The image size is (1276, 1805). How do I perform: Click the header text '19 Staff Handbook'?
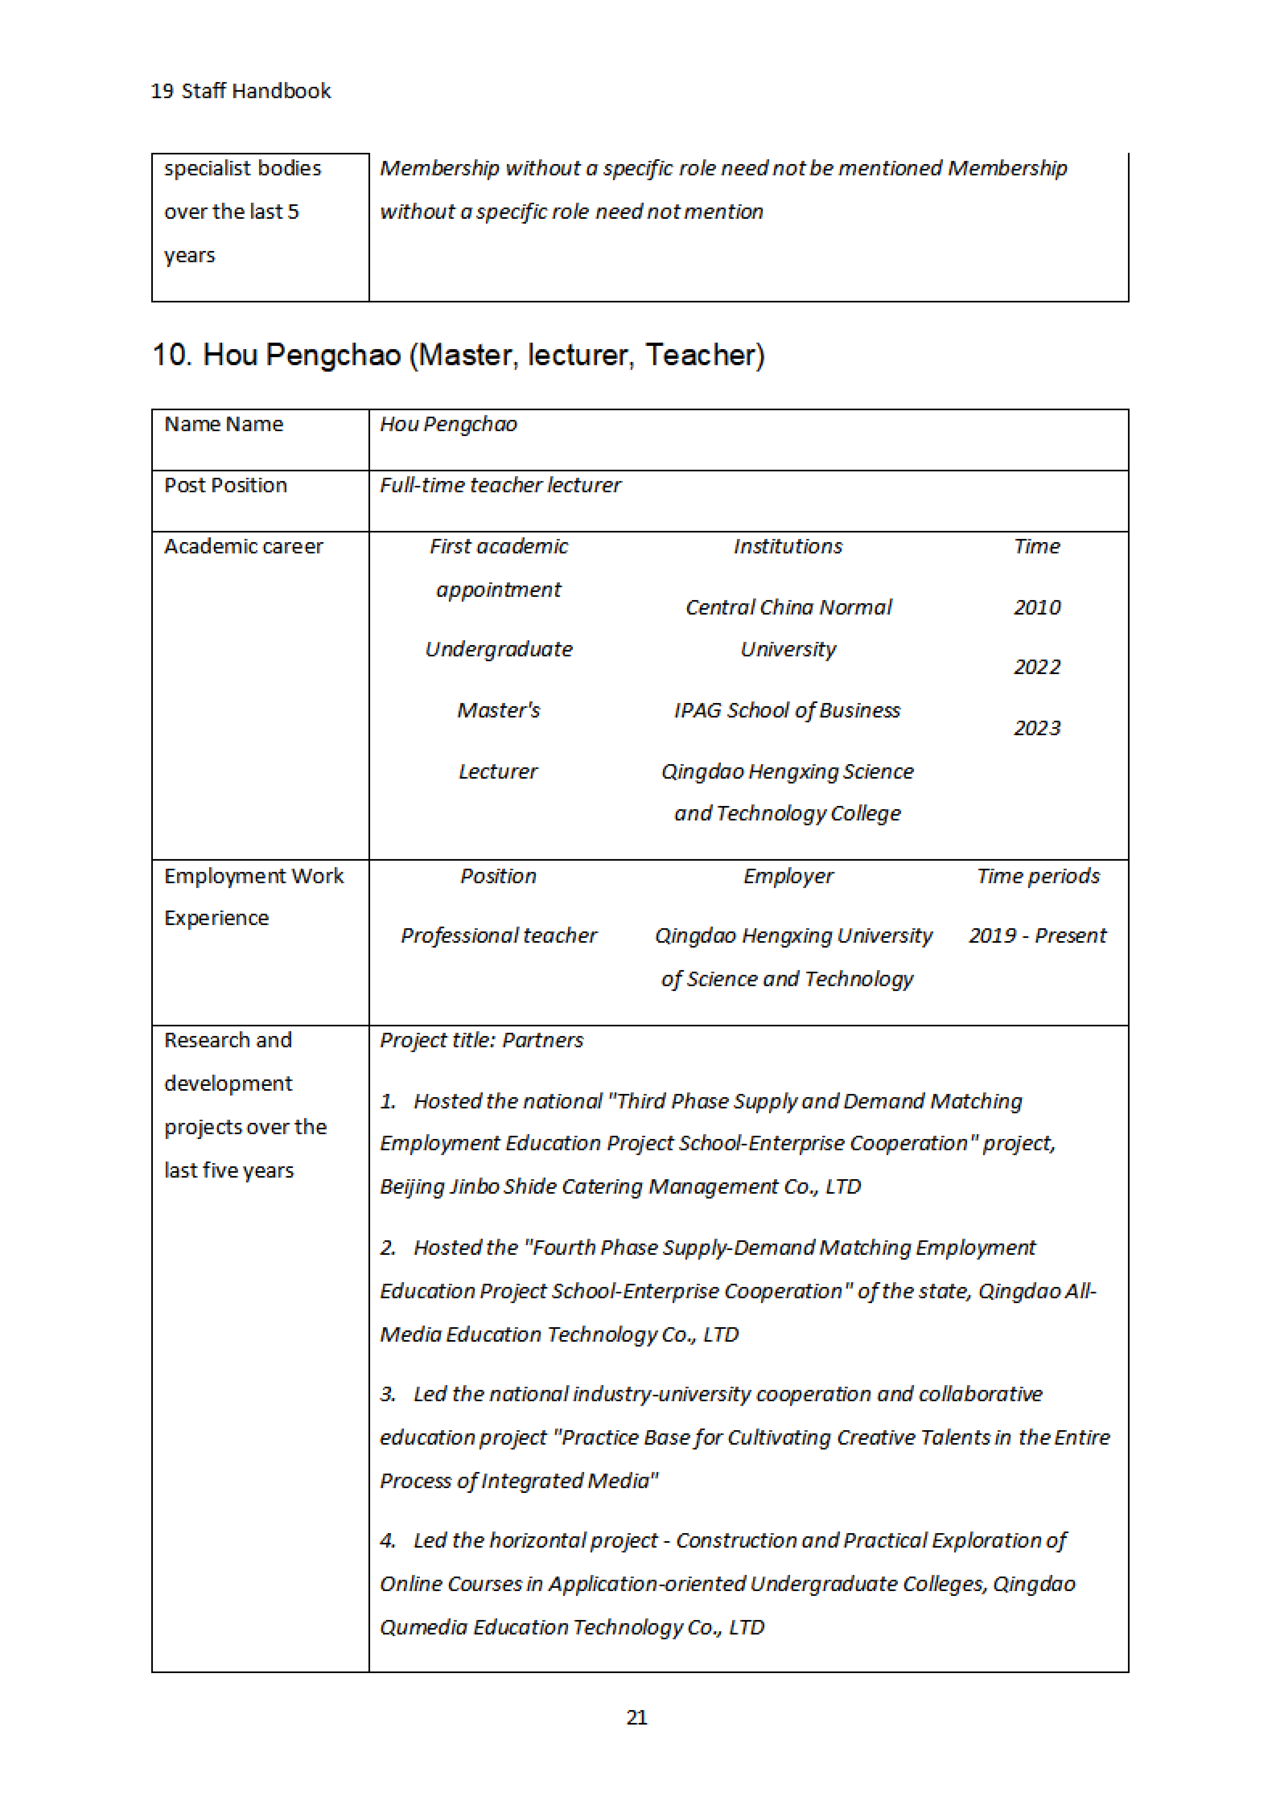241,91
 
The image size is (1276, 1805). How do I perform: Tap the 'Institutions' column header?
788,547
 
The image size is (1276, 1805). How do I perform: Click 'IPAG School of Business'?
787,711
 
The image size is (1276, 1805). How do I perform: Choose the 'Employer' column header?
788,876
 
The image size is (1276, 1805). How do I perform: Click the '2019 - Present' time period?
1037,935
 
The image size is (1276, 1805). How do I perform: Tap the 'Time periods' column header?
1038,876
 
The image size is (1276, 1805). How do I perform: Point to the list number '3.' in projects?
388,1394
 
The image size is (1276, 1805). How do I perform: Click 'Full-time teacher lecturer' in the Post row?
500,485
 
